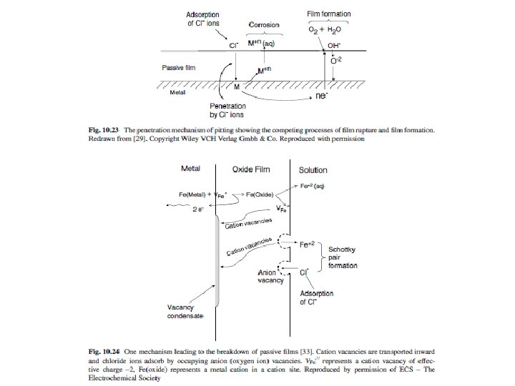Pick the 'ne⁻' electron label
[x=323, y=94]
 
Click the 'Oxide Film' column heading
[x=252, y=169]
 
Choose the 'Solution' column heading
[x=313, y=169]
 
